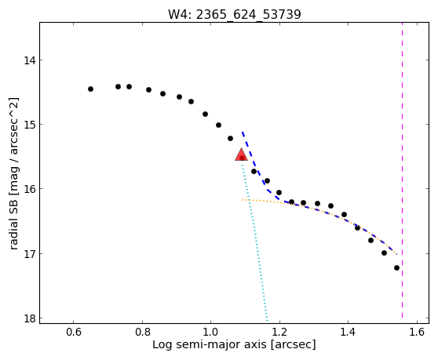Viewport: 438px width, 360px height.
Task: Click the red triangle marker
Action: (241, 155)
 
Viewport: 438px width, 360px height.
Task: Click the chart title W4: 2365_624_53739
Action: (235, 14)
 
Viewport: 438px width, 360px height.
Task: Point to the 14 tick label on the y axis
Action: (30, 60)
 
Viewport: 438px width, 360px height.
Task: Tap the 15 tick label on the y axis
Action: (30, 125)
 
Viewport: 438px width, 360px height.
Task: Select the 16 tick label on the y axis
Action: (30, 189)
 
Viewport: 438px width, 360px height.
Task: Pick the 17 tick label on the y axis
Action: (30, 253)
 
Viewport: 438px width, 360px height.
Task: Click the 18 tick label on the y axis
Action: (30, 318)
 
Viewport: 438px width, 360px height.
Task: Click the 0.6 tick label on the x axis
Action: (74, 332)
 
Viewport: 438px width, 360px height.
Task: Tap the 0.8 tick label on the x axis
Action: (142, 332)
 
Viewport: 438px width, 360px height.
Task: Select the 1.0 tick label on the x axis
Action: (211, 332)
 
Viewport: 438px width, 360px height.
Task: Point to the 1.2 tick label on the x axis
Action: (279, 332)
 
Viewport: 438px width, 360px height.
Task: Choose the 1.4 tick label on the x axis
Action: (348, 332)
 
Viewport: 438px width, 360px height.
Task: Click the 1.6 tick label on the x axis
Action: (417, 332)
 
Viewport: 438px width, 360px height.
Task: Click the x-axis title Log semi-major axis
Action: (210, 345)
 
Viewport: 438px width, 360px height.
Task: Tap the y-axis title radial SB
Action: (13, 221)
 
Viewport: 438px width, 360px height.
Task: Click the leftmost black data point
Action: (90, 89)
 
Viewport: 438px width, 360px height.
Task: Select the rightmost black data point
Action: (396, 268)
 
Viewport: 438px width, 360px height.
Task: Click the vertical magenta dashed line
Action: (402, 170)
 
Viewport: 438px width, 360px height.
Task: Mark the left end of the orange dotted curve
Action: (243, 200)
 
